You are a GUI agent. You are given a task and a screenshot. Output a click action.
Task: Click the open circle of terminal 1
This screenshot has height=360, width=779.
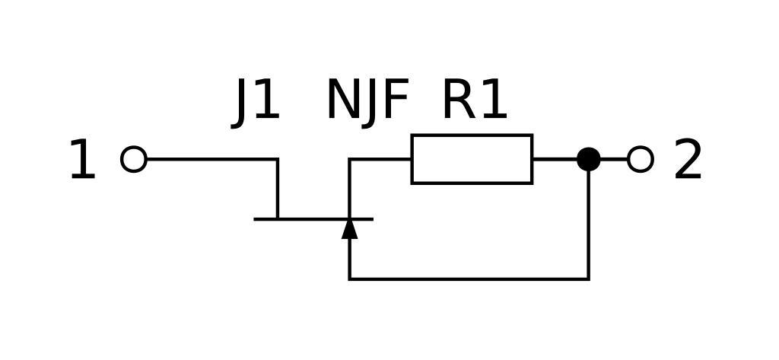click(x=134, y=159)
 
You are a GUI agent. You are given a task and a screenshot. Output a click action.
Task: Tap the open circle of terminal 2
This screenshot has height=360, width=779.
click(x=641, y=159)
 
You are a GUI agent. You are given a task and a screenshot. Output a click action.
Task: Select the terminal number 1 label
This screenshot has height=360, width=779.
click(x=82, y=161)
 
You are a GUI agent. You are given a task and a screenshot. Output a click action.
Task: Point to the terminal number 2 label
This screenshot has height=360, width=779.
click(x=688, y=161)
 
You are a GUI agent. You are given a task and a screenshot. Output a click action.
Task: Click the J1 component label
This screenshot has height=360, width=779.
click(x=257, y=100)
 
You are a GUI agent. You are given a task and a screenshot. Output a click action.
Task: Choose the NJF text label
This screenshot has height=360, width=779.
click(x=367, y=100)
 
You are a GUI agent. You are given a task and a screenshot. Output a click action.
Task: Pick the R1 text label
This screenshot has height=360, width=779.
click(x=474, y=100)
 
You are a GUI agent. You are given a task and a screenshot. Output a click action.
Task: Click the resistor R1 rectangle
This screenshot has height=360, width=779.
click(x=472, y=159)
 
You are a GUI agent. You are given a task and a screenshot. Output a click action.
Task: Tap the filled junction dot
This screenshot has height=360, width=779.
click(x=589, y=159)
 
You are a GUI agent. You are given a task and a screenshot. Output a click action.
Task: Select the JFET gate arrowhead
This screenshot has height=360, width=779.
click(x=349, y=229)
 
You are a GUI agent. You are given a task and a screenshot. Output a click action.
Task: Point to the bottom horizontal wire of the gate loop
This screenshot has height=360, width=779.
click(x=469, y=279)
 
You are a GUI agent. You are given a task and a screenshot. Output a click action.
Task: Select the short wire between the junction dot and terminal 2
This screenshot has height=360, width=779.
click(x=615, y=159)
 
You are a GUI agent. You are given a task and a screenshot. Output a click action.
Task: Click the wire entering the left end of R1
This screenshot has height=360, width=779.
click(x=380, y=159)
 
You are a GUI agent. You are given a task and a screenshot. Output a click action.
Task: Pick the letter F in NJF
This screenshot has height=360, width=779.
click(x=396, y=100)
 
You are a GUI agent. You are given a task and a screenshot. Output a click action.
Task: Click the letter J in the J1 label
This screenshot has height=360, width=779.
click(x=243, y=102)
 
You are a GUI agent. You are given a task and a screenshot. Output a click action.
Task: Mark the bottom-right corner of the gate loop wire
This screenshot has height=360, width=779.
click(x=589, y=279)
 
